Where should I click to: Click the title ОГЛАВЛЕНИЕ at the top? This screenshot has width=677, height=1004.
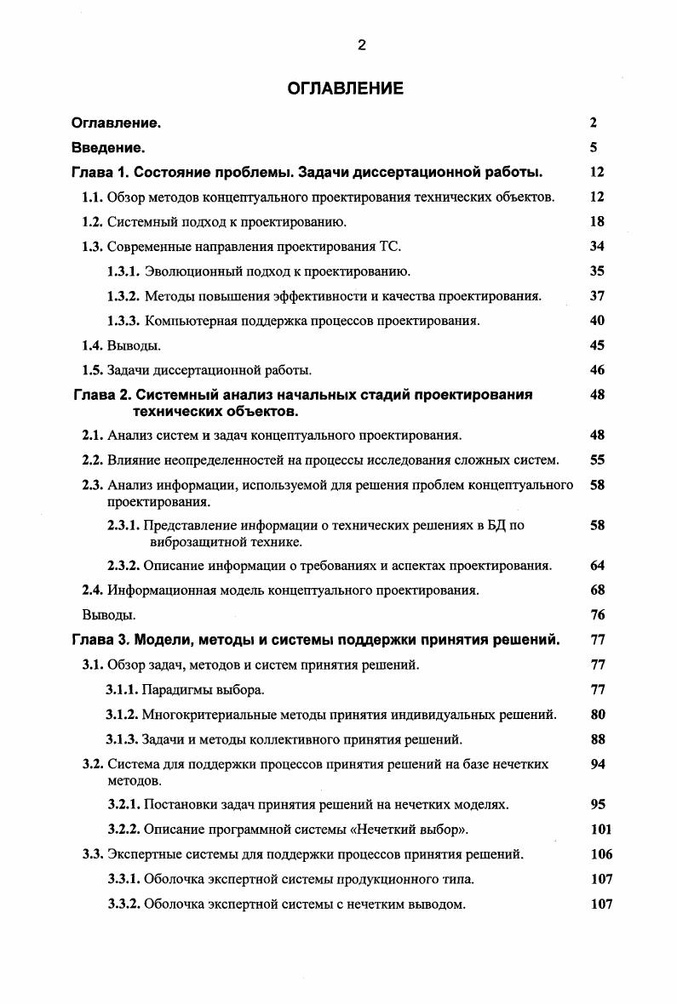[x=345, y=88]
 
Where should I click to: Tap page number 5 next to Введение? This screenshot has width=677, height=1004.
[x=594, y=147]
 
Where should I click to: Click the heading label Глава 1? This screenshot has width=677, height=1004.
[x=99, y=172]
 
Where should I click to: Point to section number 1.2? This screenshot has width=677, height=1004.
[x=93, y=222]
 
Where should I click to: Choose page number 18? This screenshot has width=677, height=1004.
[x=596, y=222]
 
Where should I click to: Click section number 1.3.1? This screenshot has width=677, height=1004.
[x=123, y=271]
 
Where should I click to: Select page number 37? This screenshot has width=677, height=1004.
[x=596, y=296]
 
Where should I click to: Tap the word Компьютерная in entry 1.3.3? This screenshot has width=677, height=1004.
[x=186, y=321]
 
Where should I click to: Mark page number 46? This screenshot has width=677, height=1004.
[x=596, y=370]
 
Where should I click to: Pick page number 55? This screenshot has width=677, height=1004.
[x=596, y=460]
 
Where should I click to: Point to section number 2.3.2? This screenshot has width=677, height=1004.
[x=123, y=566]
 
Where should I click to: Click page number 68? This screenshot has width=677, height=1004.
[x=596, y=590]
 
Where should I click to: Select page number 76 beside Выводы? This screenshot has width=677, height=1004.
[x=596, y=615]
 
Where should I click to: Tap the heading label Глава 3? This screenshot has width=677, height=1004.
[x=99, y=641]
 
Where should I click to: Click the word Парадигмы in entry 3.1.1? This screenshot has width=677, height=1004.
[x=175, y=690]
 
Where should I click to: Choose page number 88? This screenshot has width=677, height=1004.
[x=596, y=739]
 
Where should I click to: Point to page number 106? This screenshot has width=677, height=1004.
[x=600, y=854]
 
